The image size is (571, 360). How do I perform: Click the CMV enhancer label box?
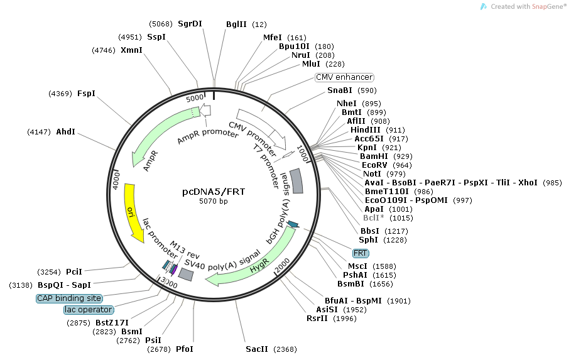tap(344, 77)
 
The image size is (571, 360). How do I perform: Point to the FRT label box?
tap(361, 253)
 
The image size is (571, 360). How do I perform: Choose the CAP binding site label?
tap(68, 298)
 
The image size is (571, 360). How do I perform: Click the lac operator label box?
tap(89, 310)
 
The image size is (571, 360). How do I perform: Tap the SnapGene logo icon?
tap(483, 6)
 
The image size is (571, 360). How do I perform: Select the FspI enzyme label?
tap(86, 94)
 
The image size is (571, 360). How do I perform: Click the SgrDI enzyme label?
tap(190, 24)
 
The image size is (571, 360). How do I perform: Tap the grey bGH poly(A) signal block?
tap(296, 182)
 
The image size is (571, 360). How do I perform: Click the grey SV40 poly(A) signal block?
tap(185, 274)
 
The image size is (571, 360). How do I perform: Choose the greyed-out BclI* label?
tap(375, 218)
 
